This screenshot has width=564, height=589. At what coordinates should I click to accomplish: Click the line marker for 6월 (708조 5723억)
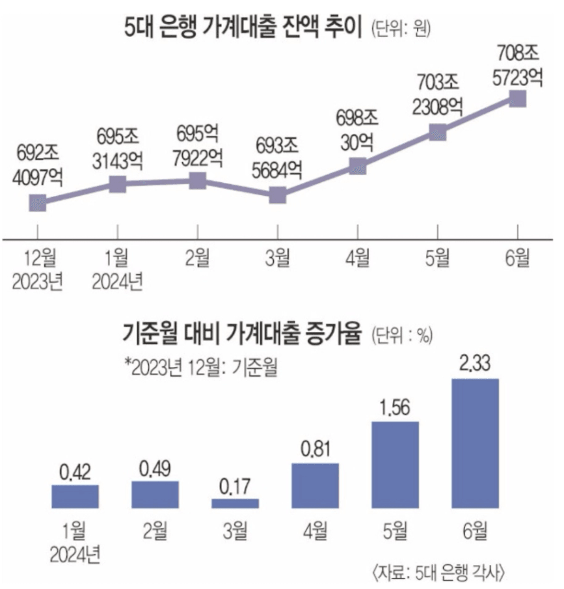(517, 98)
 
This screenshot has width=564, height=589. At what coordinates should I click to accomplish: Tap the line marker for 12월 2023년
(38, 203)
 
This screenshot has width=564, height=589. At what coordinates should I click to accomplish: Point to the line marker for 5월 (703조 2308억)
(438, 133)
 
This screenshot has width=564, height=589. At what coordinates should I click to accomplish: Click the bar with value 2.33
(475, 443)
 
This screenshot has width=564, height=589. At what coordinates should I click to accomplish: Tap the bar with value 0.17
(235, 503)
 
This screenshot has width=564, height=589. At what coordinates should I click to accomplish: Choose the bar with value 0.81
(315, 485)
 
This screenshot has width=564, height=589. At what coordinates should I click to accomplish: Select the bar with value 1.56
(395, 464)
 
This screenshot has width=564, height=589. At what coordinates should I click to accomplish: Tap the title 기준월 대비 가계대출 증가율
(243, 335)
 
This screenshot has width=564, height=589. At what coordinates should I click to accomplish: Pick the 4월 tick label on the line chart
(357, 258)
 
